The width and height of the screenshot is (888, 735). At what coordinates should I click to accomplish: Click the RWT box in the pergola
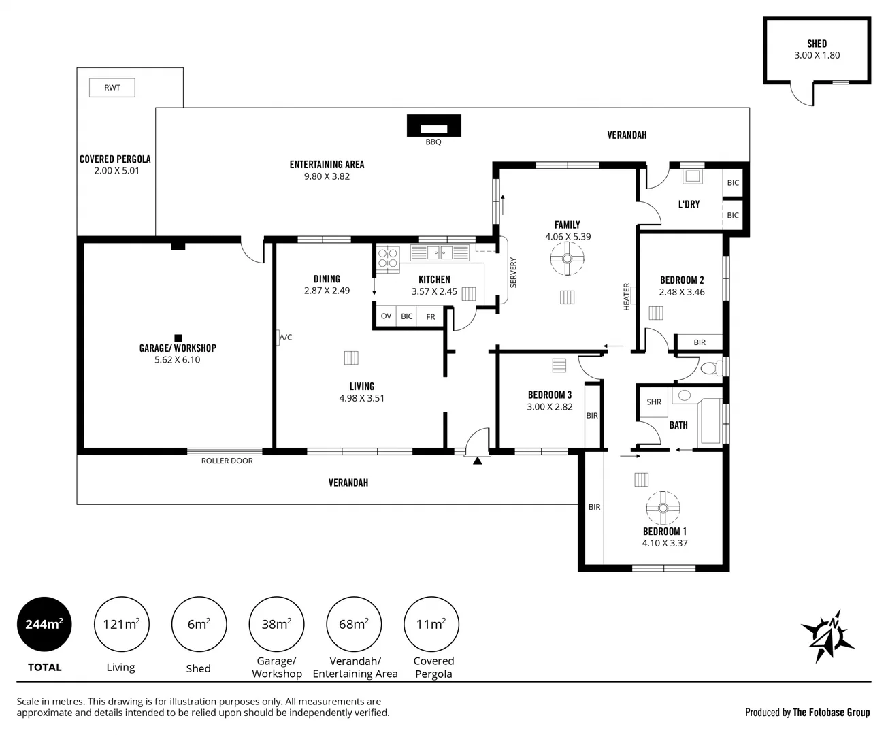pyautogui.click(x=112, y=88)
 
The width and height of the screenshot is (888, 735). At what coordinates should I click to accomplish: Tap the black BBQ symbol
pyautogui.click(x=434, y=126)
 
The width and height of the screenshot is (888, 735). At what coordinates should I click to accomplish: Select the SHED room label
pyautogui.click(x=817, y=44)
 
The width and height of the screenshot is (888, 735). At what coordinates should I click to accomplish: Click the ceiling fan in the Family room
pyautogui.click(x=567, y=258)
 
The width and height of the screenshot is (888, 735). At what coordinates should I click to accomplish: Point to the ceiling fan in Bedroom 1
pyautogui.click(x=663, y=508)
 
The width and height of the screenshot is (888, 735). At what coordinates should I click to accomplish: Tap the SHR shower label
pyautogui.click(x=654, y=402)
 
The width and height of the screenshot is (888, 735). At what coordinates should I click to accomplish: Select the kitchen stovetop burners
pyautogui.click(x=388, y=258)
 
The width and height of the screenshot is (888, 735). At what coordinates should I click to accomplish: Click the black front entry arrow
pyautogui.click(x=477, y=460)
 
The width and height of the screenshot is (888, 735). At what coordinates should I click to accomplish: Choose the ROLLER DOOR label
pyautogui.click(x=227, y=461)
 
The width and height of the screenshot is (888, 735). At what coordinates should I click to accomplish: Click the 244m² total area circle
pyautogui.click(x=44, y=624)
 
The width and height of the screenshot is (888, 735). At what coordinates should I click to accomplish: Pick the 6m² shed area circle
pyautogui.click(x=199, y=624)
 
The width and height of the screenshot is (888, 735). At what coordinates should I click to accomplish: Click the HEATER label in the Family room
pyautogui.click(x=626, y=297)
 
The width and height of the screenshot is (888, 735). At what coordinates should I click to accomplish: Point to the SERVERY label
pyautogui.click(x=513, y=273)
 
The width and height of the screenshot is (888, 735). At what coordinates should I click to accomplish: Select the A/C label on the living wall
pyautogui.click(x=286, y=338)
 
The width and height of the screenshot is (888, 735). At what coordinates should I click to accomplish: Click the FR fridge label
pyautogui.click(x=430, y=317)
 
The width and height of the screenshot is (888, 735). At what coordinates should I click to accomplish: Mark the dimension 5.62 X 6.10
pyautogui.click(x=178, y=360)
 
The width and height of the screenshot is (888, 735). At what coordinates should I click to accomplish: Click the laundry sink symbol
pyautogui.click(x=693, y=176)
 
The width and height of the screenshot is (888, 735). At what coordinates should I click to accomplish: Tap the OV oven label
pyautogui.click(x=387, y=316)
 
